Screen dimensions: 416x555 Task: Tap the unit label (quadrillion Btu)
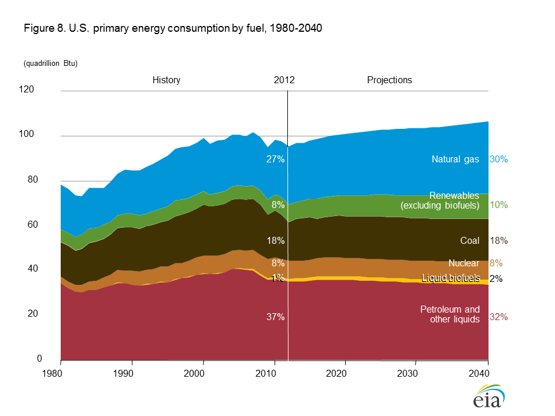(x=51, y=64)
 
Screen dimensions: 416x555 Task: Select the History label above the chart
(x=166, y=80)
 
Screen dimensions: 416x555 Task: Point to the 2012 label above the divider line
(x=284, y=80)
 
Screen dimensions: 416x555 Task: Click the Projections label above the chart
(x=390, y=80)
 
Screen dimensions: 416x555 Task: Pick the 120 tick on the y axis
(x=42, y=90)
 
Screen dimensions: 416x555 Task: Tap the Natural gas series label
(x=456, y=159)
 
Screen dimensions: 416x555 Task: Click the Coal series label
(x=470, y=240)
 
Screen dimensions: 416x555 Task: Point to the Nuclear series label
(x=464, y=263)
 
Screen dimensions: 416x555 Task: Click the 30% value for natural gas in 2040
(x=498, y=159)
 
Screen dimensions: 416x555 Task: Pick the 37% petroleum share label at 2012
(x=275, y=317)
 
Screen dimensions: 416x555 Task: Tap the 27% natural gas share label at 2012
(x=275, y=159)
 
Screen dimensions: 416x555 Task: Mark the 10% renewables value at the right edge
(x=498, y=205)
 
